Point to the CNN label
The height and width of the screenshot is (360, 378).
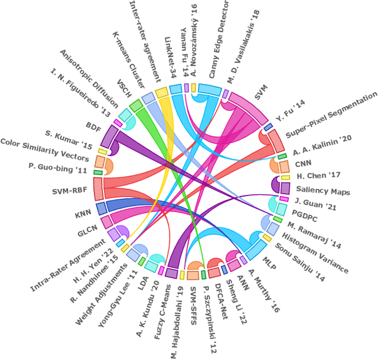coord(304,162)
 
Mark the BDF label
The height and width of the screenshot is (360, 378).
coord(93,125)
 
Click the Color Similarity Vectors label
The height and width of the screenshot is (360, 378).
coord(44,150)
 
